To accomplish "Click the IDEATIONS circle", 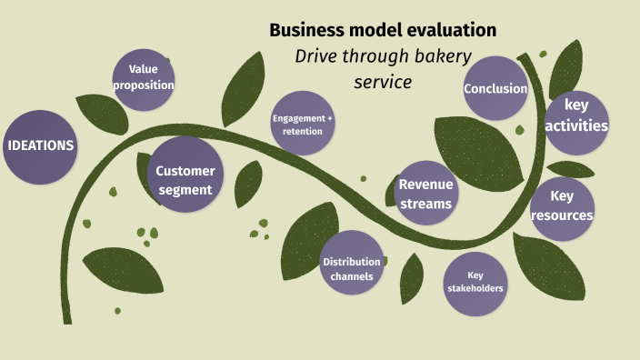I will coord(40,146).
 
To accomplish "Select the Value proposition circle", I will coord(144,78).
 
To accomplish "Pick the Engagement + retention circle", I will coord(303,123).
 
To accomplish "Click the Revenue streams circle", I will coord(425,194).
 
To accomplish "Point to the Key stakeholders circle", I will coord(475,283).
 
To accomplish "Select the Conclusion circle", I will coord(495,88).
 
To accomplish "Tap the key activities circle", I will coord(576,118).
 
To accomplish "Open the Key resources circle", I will coord(563,208).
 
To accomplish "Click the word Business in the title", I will coord(305,30).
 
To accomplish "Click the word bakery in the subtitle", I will coord(440,56).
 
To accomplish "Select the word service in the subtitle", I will coord(383,82).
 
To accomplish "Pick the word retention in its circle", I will coord(303,132).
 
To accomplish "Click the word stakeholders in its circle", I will coord(475,289).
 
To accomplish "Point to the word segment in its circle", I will coord(185,190).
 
